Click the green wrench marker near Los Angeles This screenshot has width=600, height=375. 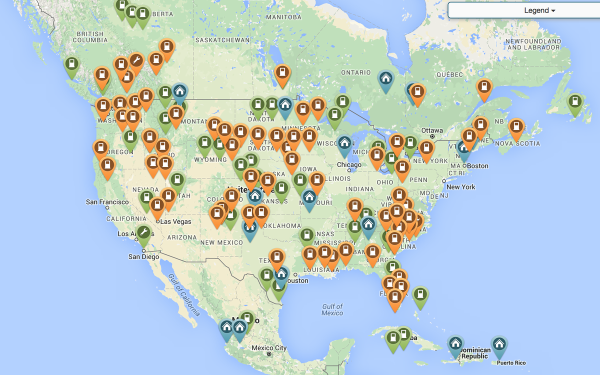pos(143,232)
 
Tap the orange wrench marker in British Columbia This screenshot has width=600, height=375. pos(135,60)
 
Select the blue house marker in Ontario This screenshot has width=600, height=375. pos(385,79)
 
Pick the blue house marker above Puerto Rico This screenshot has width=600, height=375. pos(498,344)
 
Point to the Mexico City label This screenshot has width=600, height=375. pos(269,348)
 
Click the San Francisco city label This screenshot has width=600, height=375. pos(107,202)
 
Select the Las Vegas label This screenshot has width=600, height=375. pos(175,221)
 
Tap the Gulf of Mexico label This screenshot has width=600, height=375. pos(332,309)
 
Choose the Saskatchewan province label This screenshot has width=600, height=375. pos(222,40)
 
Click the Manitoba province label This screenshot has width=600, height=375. pos(283,17)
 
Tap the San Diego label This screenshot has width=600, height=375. pos(143,257)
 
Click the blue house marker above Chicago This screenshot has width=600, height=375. pos(344,143)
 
